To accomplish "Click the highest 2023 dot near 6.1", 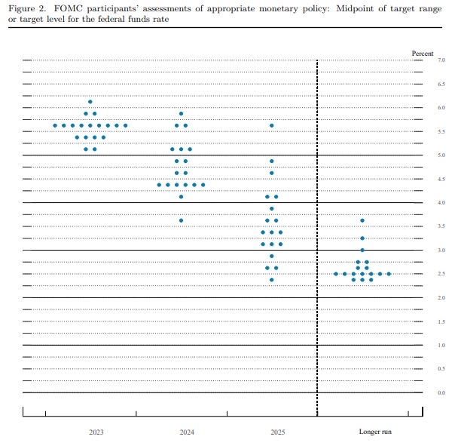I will point(90,101).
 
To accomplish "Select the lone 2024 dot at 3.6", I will point(181,220).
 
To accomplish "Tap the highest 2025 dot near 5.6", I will point(272,125).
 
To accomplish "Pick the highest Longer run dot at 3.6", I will point(362,220).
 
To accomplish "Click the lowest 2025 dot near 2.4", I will point(272,279).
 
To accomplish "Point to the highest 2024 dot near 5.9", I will point(181,113).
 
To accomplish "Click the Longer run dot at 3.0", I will point(362,250).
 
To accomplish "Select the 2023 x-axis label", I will point(96,432).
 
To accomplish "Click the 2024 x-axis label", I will point(187,432).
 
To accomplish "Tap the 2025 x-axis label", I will point(277,432).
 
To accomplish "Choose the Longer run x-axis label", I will point(375,432).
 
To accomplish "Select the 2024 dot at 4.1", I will point(181,196).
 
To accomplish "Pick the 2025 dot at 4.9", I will point(272,161).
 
